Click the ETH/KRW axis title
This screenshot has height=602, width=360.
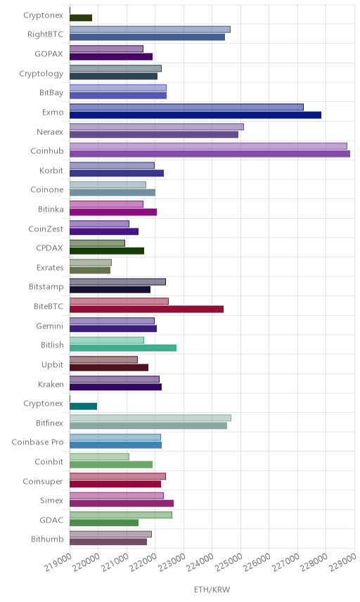point(212,590)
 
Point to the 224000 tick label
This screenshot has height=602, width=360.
point(200,563)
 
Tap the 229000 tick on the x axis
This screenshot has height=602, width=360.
point(343,563)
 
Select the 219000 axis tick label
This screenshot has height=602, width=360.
point(58,563)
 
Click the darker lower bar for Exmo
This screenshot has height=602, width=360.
point(195,115)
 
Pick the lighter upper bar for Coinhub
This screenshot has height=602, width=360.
point(208,146)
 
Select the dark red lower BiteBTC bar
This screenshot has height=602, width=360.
point(147,309)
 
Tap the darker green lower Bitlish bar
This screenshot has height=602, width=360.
point(123,348)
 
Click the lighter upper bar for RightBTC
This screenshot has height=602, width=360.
point(150,30)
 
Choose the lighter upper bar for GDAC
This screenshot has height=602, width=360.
point(121,515)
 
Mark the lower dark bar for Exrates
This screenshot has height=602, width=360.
point(90,270)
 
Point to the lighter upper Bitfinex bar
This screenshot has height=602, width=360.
point(150,418)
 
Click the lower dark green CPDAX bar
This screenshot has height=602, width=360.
point(107,251)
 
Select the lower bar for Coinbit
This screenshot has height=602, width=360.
point(111,465)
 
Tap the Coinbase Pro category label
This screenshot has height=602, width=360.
point(37,442)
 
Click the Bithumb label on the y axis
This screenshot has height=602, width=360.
point(47,539)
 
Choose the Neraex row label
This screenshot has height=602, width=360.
point(50,132)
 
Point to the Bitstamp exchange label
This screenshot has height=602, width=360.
point(46,287)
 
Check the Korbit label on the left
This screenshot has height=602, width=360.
point(51,170)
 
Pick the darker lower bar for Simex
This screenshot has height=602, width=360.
point(122,504)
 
